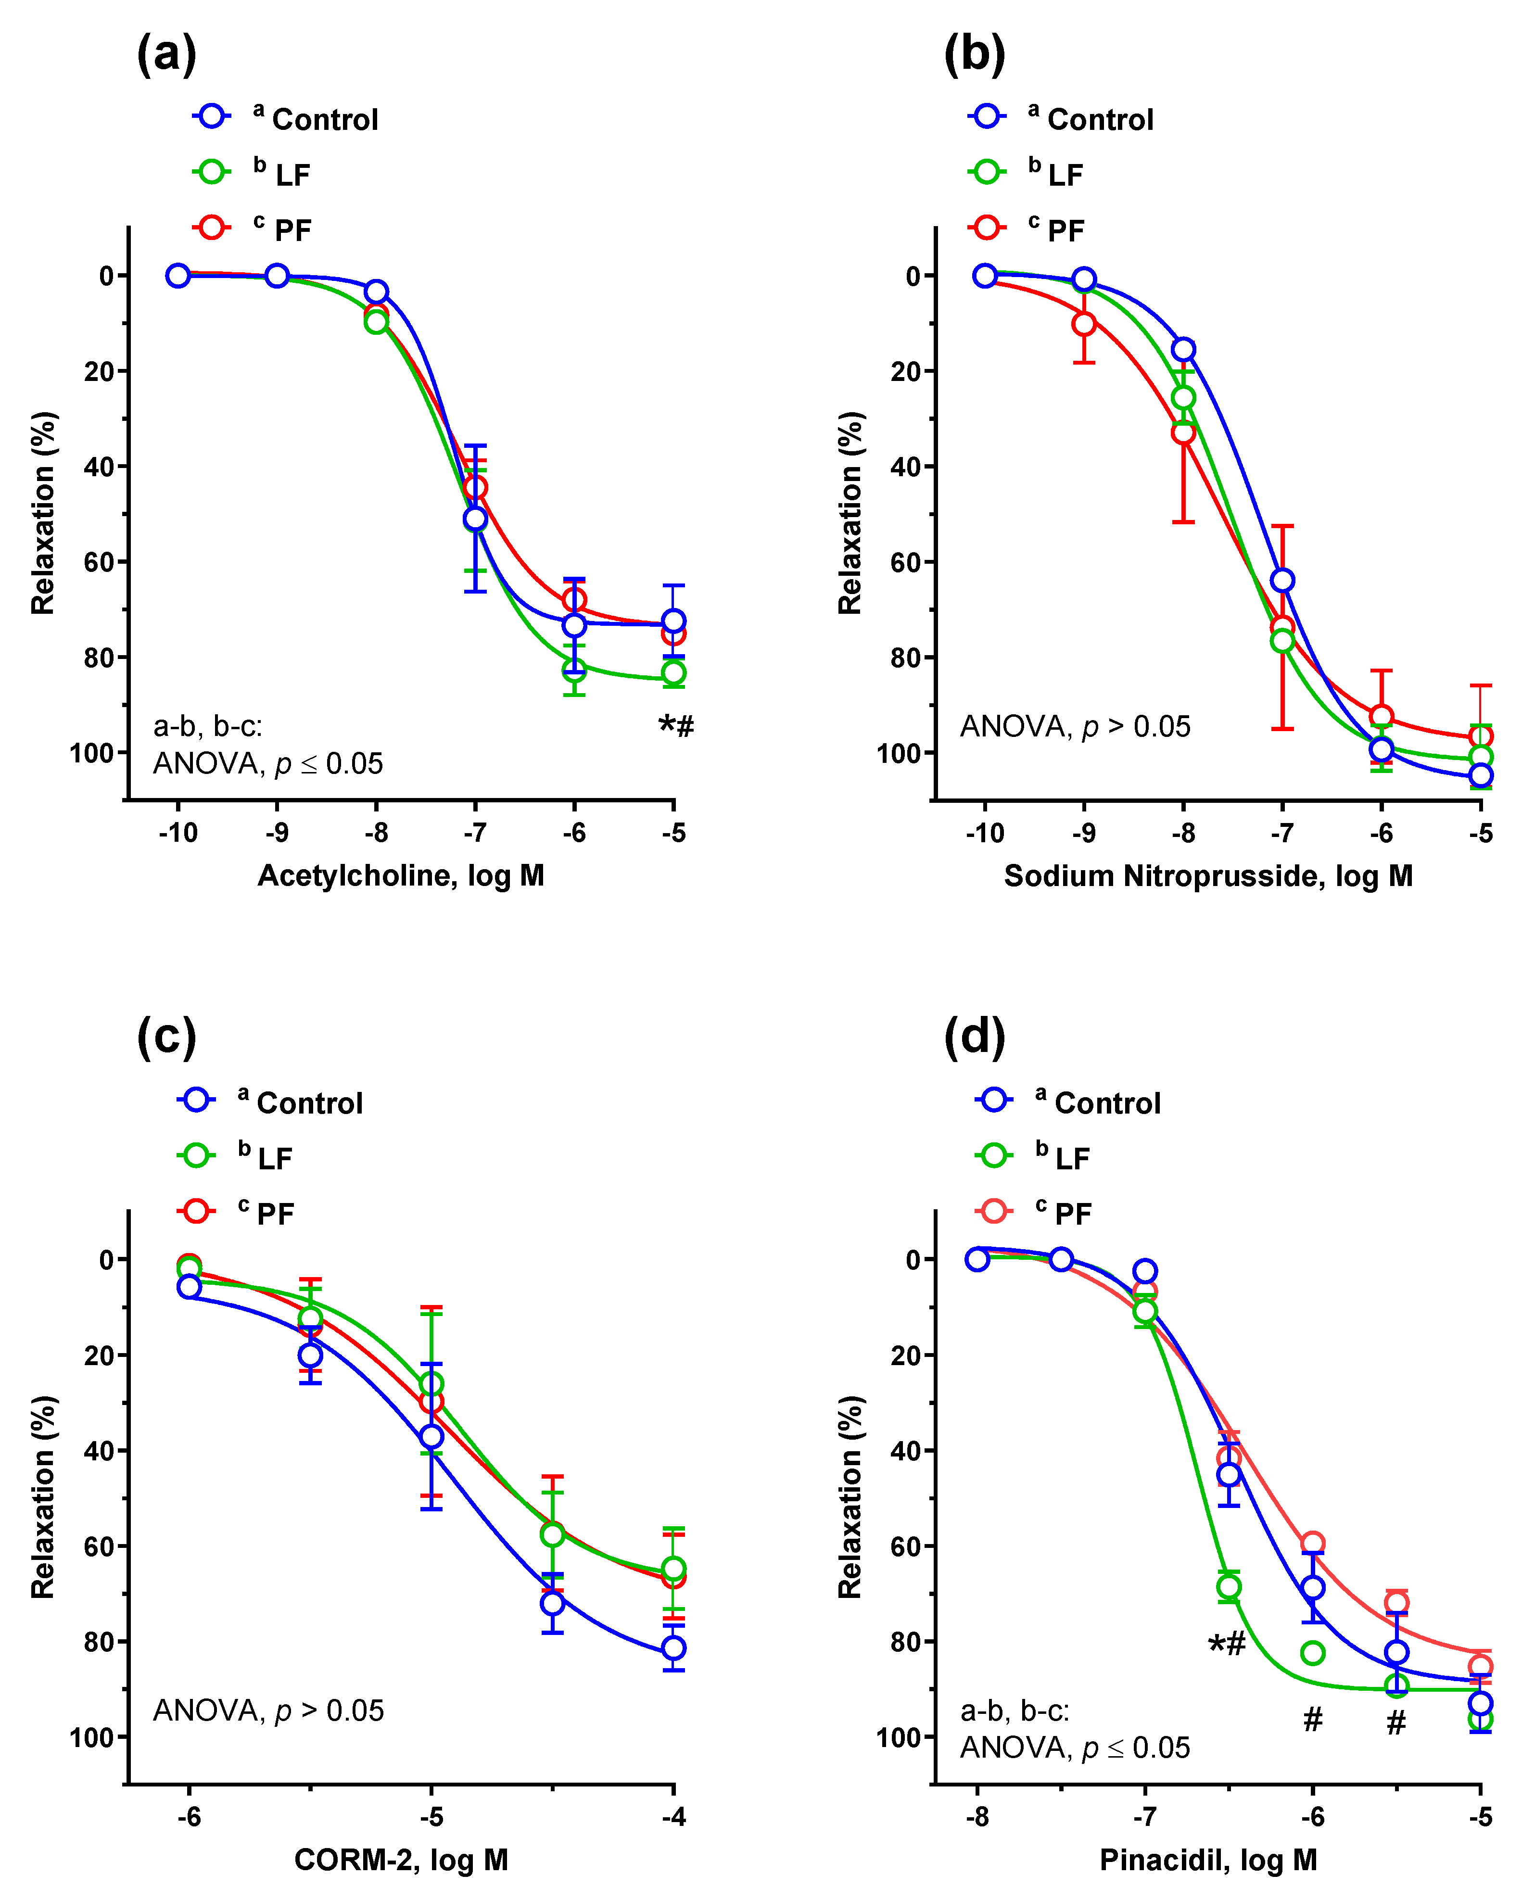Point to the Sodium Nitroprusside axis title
click(x=1207, y=875)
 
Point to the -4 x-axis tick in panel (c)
click(x=673, y=1816)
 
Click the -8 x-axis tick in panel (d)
click(x=977, y=1816)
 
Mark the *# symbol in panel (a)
click(x=676, y=725)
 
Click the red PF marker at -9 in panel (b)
click(x=1084, y=323)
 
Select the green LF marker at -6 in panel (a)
click(x=574, y=670)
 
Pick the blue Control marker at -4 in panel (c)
click(x=673, y=1647)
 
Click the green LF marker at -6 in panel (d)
click(x=1312, y=1652)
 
